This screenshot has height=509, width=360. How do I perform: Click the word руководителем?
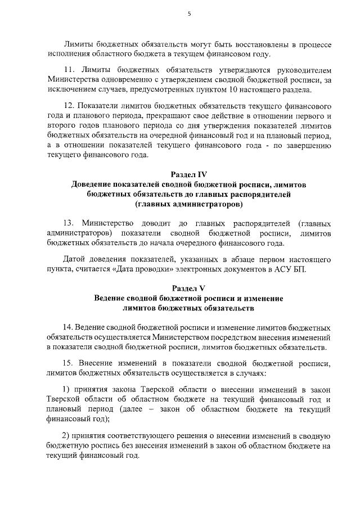[x=301, y=70]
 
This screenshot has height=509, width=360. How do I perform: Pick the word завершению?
[x=305, y=146]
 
